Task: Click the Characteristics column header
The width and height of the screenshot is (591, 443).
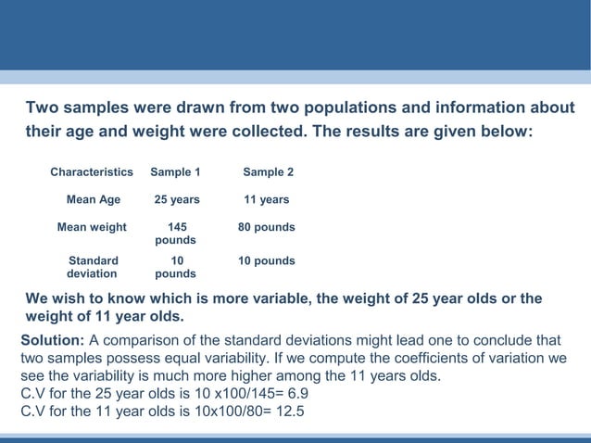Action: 92,172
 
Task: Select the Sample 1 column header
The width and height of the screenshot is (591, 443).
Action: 175,172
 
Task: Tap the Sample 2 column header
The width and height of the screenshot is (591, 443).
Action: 268,172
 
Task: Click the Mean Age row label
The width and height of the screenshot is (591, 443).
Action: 94,199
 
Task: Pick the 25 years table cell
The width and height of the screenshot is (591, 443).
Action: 176,199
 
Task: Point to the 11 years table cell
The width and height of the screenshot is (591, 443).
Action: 266,199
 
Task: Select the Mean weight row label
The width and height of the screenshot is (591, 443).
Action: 92,227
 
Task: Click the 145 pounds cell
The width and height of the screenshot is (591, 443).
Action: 175,234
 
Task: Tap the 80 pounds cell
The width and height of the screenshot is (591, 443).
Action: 267,227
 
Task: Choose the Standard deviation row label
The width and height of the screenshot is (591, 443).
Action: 93,267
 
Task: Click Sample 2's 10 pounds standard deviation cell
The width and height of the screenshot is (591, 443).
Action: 267,261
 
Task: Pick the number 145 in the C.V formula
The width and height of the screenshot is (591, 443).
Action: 230,395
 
